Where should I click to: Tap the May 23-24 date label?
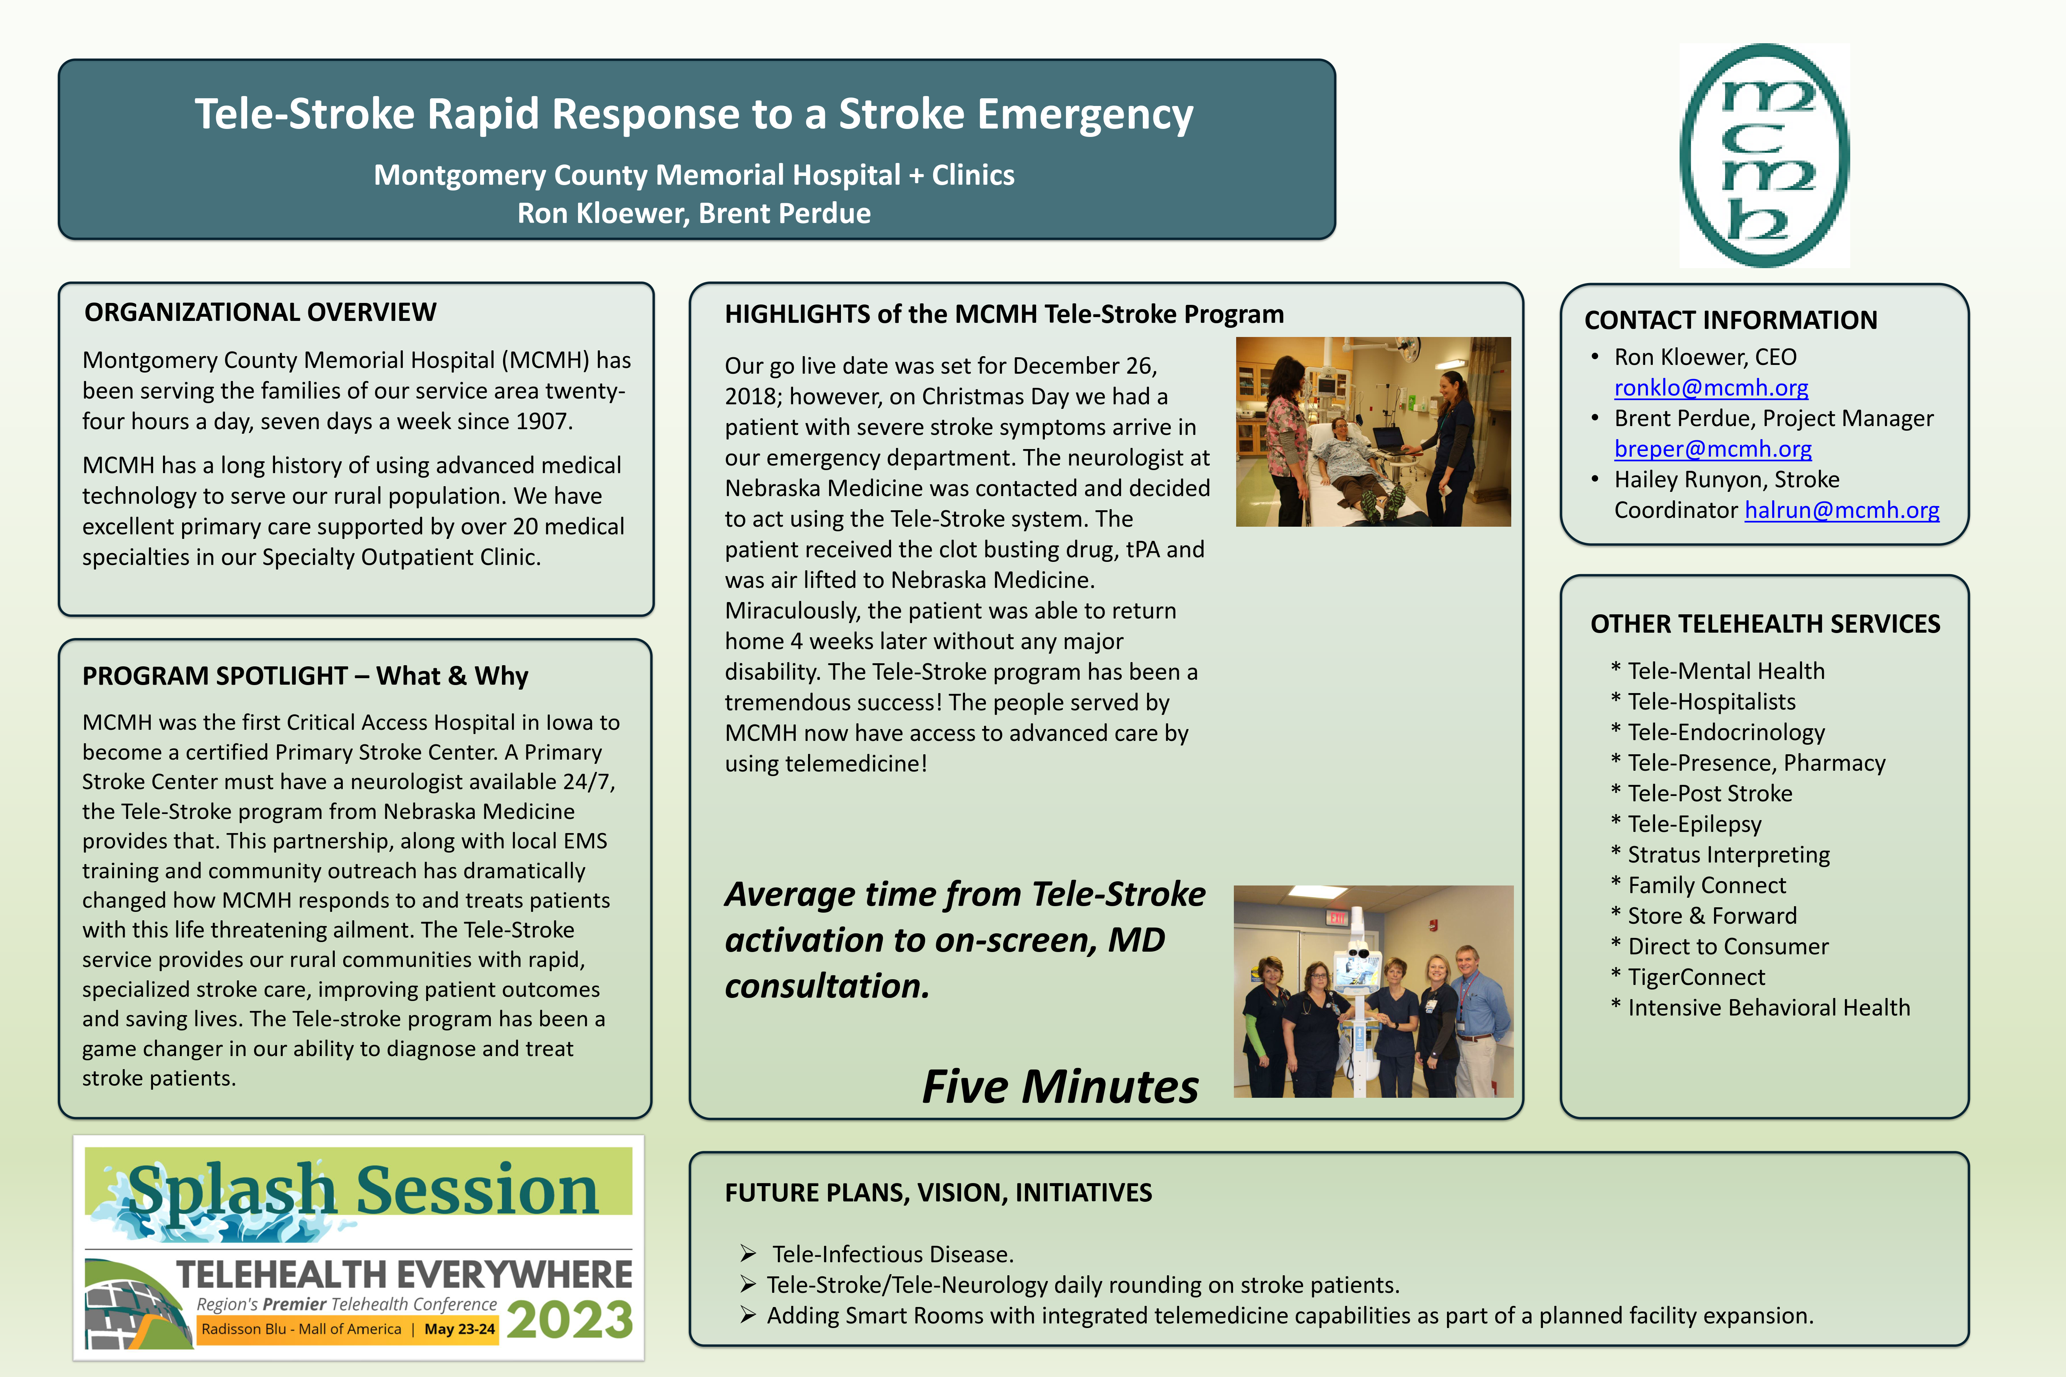(459, 1329)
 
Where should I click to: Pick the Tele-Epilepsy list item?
(1695, 824)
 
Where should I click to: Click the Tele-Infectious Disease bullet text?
(893, 1254)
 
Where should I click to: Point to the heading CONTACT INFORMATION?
(1730, 320)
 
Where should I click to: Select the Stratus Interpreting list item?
(1729, 855)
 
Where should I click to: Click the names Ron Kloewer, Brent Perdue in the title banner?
(694, 213)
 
